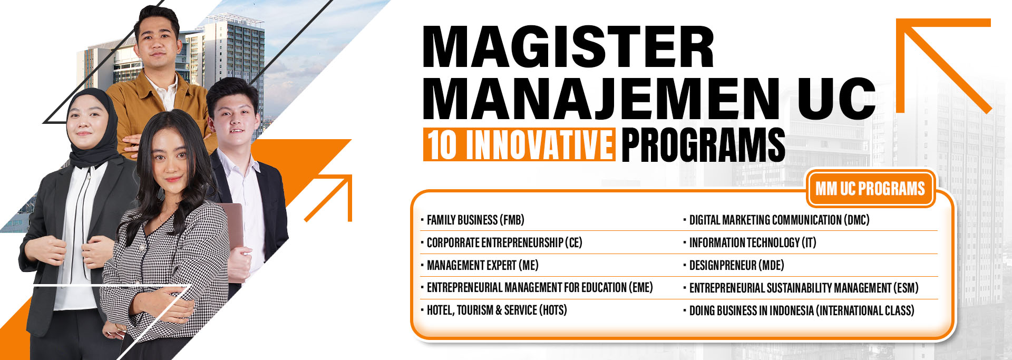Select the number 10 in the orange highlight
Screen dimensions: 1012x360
click(442, 144)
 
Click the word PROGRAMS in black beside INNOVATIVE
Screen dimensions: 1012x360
click(703, 144)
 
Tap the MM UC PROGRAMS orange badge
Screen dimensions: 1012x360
click(870, 188)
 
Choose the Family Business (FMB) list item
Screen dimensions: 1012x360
click(475, 220)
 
